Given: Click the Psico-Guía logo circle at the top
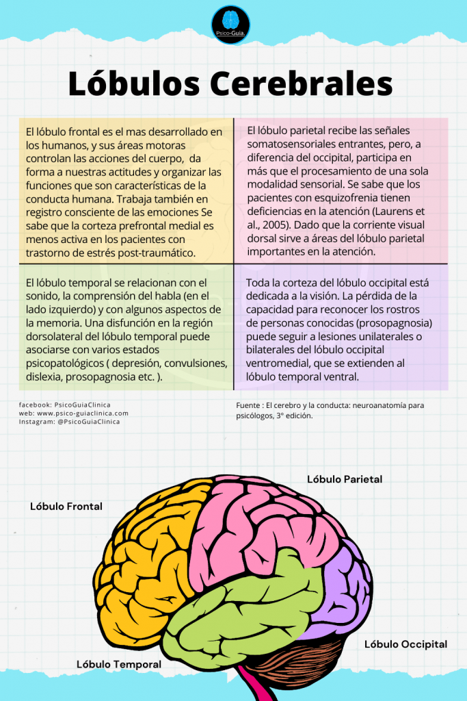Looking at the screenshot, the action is coord(230,25).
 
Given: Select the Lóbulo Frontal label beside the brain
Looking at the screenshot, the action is coord(66,507).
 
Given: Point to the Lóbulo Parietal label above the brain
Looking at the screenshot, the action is coord(345,479).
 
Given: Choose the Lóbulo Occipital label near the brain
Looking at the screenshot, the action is coord(405,644).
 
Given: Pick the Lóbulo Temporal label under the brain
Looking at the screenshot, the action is coord(119,664).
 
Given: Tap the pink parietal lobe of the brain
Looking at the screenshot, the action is coord(267,527).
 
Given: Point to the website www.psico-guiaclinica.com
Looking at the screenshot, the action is coord(81,413).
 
